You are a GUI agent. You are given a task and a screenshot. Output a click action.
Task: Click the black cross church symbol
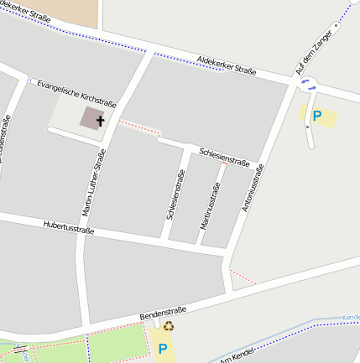click(x=101, y=121)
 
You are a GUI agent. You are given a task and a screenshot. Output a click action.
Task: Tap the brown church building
click(x=91, y=117)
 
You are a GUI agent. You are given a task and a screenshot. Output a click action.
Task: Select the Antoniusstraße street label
click(x=253, y=187)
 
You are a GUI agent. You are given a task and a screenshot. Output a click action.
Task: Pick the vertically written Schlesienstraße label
click(x=175, y=194)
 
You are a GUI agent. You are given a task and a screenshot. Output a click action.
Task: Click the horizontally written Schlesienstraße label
click(x=224, y=156)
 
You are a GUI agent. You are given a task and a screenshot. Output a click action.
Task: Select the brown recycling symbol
click(x=168, y=327)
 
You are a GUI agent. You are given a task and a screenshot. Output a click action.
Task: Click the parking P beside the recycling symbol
click(x=163, y=348)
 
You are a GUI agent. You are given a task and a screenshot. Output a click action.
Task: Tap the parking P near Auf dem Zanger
click(x=316, y=117)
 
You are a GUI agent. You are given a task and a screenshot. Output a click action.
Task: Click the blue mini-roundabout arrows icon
click(x=308, y=83)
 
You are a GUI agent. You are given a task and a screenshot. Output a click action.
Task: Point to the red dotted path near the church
click(x=138, y=127)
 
